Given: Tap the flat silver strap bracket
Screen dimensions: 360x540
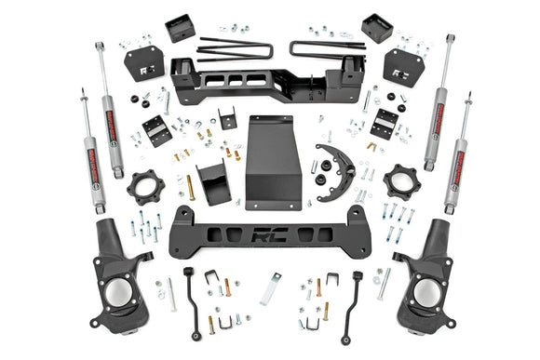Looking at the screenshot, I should coord(271,288).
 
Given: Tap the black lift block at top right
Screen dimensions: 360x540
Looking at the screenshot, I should coord(377,29).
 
